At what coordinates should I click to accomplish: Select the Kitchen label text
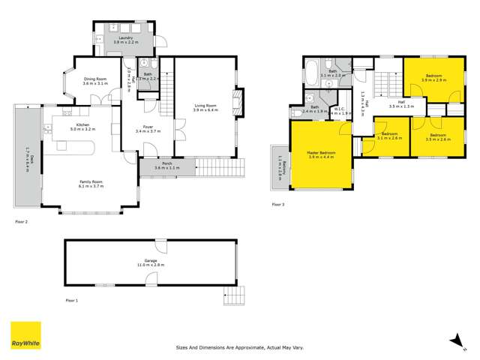pos(82,127)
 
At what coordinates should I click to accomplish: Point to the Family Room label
pos(91,182)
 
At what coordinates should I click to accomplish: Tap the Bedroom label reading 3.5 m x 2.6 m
pos(438,137)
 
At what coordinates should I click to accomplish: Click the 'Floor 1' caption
pos(71,300)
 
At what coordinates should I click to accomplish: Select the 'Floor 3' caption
pos(277,204)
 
